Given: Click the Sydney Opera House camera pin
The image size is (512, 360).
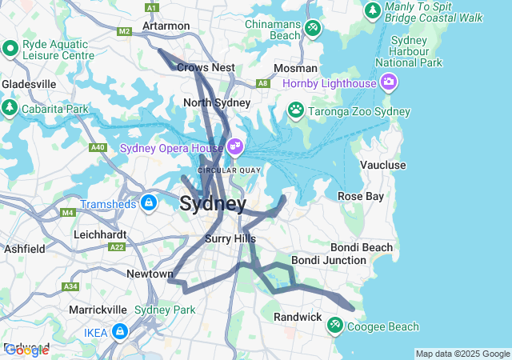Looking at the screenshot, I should coord(234,146).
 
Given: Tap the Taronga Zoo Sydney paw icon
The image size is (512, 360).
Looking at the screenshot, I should coord(296,109).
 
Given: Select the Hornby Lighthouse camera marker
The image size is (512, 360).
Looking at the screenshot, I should coord(389,81).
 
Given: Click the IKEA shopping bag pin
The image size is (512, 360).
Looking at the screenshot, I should coord(119,330).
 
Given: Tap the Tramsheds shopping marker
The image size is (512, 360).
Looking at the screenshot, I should coord(148,203).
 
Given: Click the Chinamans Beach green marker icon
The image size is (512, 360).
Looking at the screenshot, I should coord(313,29).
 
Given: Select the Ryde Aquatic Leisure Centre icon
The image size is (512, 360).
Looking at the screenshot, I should coord(10,50).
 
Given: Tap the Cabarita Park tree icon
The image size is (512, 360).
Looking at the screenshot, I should coord(10,107).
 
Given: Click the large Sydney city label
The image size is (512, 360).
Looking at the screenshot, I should coord(213,203).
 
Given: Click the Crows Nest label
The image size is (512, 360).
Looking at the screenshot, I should coord(206,68).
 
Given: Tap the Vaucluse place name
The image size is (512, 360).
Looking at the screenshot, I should coord(382,165).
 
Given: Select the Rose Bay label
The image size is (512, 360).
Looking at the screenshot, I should coord(361,196).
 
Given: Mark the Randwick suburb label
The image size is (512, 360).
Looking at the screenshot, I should coord(298,317).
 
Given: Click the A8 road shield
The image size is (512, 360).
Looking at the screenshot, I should coord(262,82).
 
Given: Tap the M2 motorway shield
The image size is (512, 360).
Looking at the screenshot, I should coord(123,31).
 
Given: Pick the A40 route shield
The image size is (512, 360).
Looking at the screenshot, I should coord(98,147).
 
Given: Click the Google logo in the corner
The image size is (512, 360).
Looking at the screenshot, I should coord(26,350).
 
